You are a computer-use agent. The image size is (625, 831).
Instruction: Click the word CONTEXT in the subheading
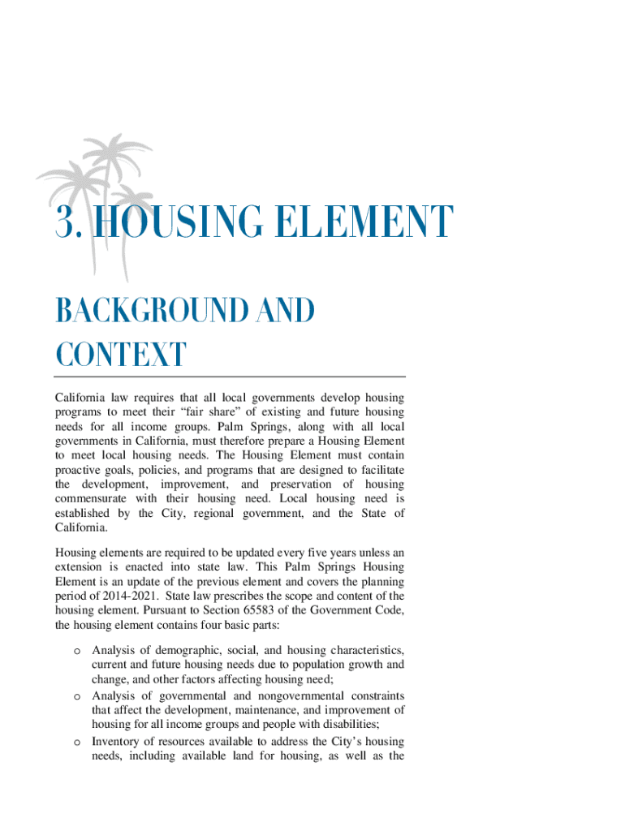click(120, 355)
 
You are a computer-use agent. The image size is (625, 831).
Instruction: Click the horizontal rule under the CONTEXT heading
click(230, 377)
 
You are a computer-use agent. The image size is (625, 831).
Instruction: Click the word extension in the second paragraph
click(82, 566)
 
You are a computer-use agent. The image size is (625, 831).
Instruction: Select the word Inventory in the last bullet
click(118, 741)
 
